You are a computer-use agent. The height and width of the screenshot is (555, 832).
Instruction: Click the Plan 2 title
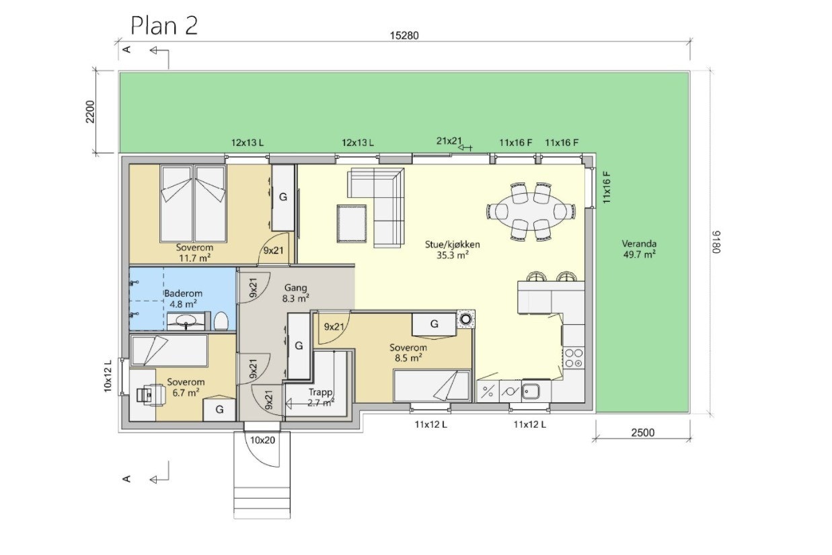point(164,26)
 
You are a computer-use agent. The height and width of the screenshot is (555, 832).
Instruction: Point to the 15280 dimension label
point(404,36)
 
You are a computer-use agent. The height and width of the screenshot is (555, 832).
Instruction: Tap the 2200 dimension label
point(90,112)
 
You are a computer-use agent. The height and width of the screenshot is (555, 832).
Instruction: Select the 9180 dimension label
point(716,242)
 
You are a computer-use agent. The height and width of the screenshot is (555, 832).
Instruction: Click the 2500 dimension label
point(642,433)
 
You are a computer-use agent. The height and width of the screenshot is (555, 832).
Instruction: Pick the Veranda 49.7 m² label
point(639,249)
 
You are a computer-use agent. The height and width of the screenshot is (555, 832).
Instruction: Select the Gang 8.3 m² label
point(296,293)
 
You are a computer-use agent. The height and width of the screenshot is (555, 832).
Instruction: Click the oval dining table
point(531,211)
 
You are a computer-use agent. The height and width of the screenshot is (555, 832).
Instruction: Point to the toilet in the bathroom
point(221,321)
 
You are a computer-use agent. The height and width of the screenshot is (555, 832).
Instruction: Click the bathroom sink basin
point(186,320)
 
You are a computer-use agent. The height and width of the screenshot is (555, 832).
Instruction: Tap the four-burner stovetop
point(574,358)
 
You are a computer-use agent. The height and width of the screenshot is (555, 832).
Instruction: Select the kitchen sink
point(531,391)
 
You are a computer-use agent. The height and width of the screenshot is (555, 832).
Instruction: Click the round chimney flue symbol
point(465,319)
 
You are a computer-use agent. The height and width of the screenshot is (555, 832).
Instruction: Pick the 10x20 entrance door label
point(262,440)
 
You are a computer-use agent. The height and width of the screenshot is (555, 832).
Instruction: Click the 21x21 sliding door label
point(449,141)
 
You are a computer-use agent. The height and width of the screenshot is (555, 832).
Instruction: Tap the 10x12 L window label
point(108,375)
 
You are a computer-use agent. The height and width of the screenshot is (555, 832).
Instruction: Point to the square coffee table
point(351,223)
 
